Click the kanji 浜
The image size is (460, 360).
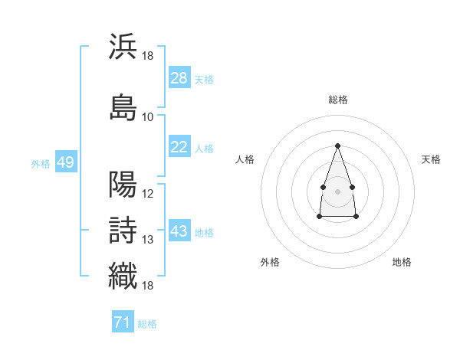123,46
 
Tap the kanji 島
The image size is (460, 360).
123,107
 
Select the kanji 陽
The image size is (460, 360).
123,184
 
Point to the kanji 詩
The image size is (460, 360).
123,230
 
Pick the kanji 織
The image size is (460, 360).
123,276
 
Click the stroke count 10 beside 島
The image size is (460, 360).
147,117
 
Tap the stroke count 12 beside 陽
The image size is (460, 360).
147,194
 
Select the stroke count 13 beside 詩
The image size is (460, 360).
147,240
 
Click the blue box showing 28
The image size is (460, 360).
179,77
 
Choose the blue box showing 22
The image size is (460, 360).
179,146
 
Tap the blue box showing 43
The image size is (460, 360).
179,230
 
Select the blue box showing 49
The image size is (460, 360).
66,162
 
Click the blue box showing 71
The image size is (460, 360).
123,321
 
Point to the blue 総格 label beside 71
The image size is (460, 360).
147,324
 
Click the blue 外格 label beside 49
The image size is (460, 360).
41,164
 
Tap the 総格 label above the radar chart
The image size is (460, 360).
338,100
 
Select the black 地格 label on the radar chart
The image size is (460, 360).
402,262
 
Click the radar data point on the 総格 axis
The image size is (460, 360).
337,146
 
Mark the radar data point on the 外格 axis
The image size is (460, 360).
320,216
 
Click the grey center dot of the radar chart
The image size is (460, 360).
337,191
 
